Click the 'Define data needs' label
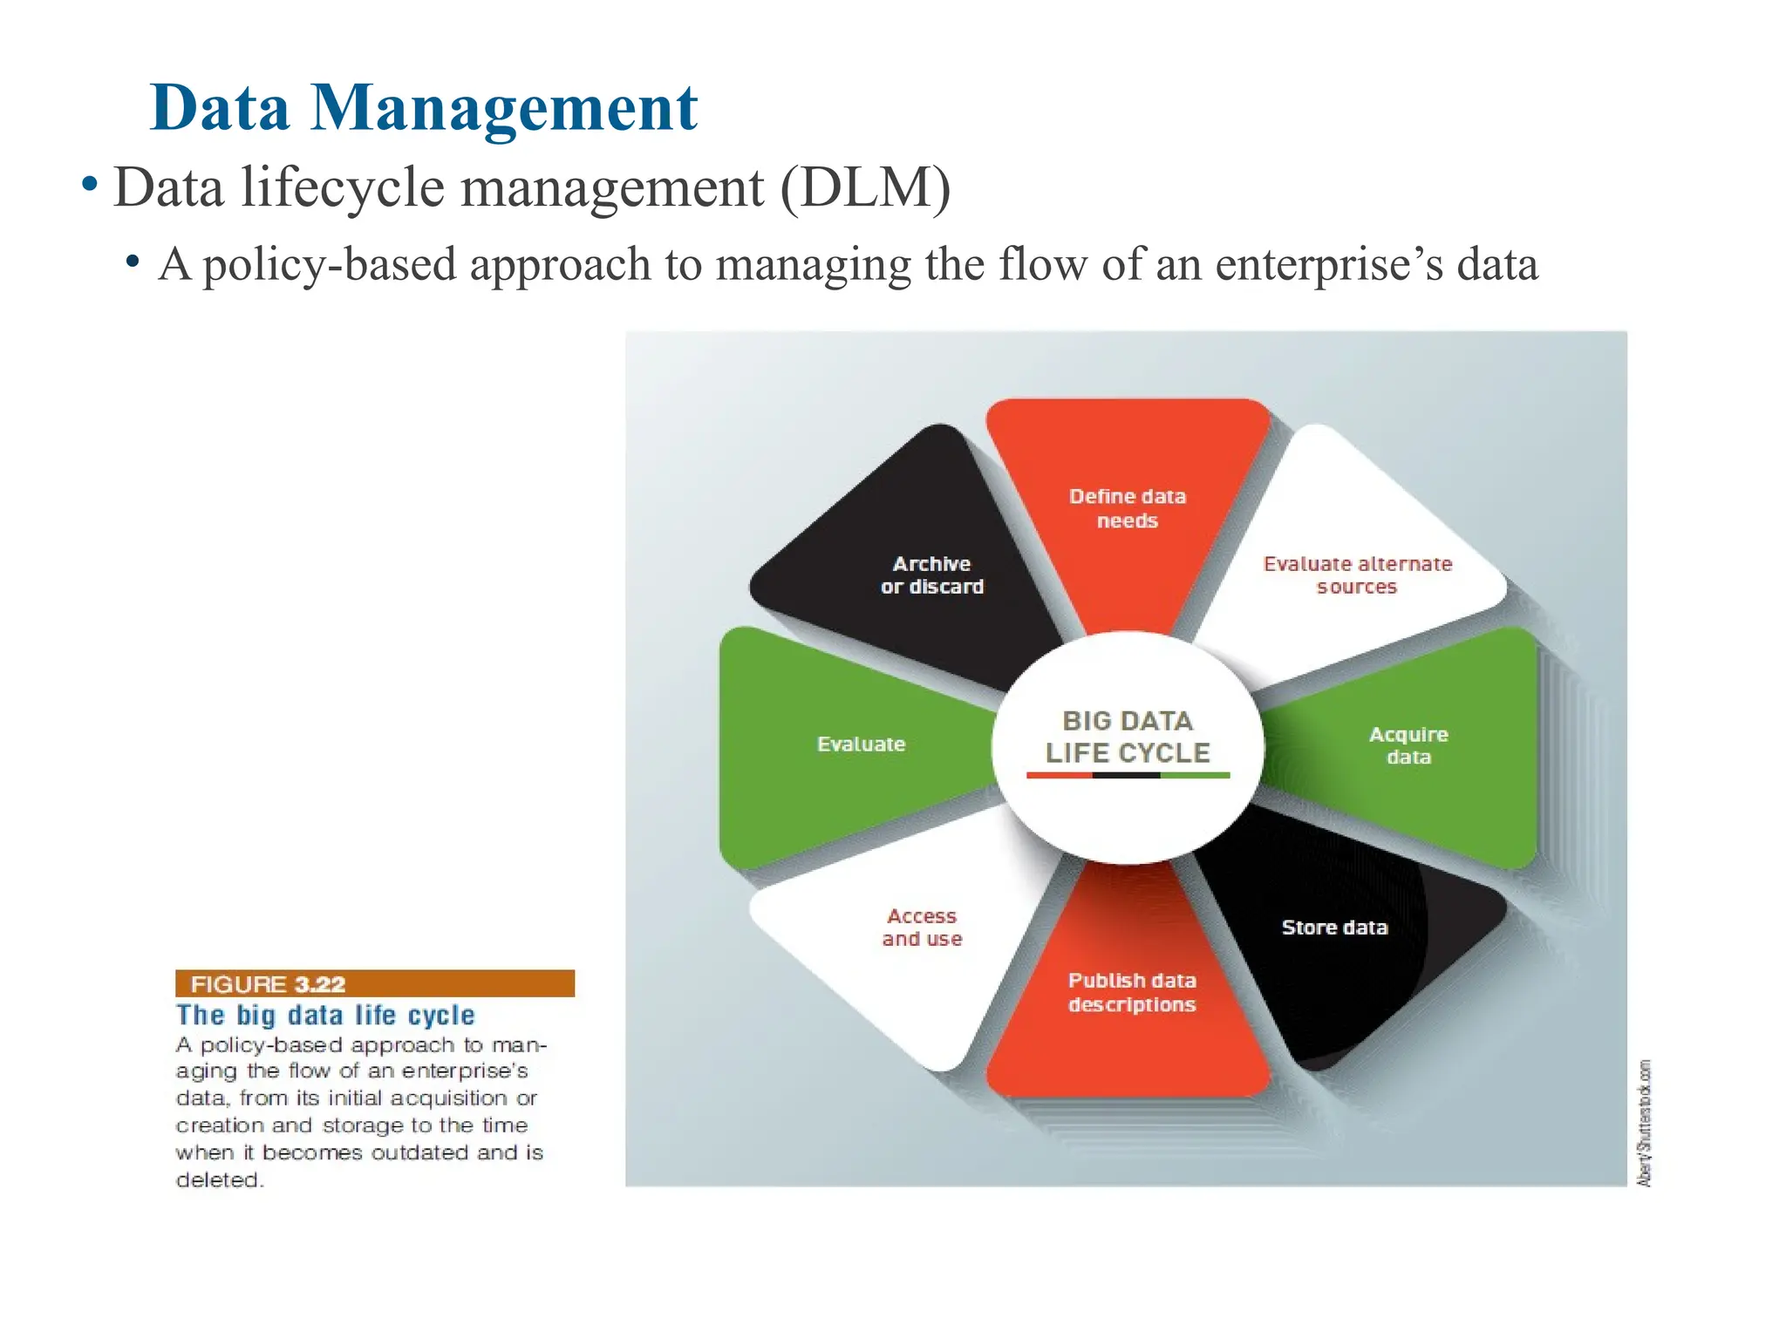1127,508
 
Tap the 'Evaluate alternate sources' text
1357,575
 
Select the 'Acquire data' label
1408,745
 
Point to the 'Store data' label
1334,928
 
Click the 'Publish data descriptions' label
1132,992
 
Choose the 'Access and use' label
922,928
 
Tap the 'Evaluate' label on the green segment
861,744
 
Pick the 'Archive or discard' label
931,575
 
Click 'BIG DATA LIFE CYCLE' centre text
1128,737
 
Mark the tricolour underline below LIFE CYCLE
1128,775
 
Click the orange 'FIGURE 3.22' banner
375,983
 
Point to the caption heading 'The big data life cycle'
325,1016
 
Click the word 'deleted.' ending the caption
219,1180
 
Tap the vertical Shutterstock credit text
1644,1123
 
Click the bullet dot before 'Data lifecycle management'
89,185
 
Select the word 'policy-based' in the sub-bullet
330,264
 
